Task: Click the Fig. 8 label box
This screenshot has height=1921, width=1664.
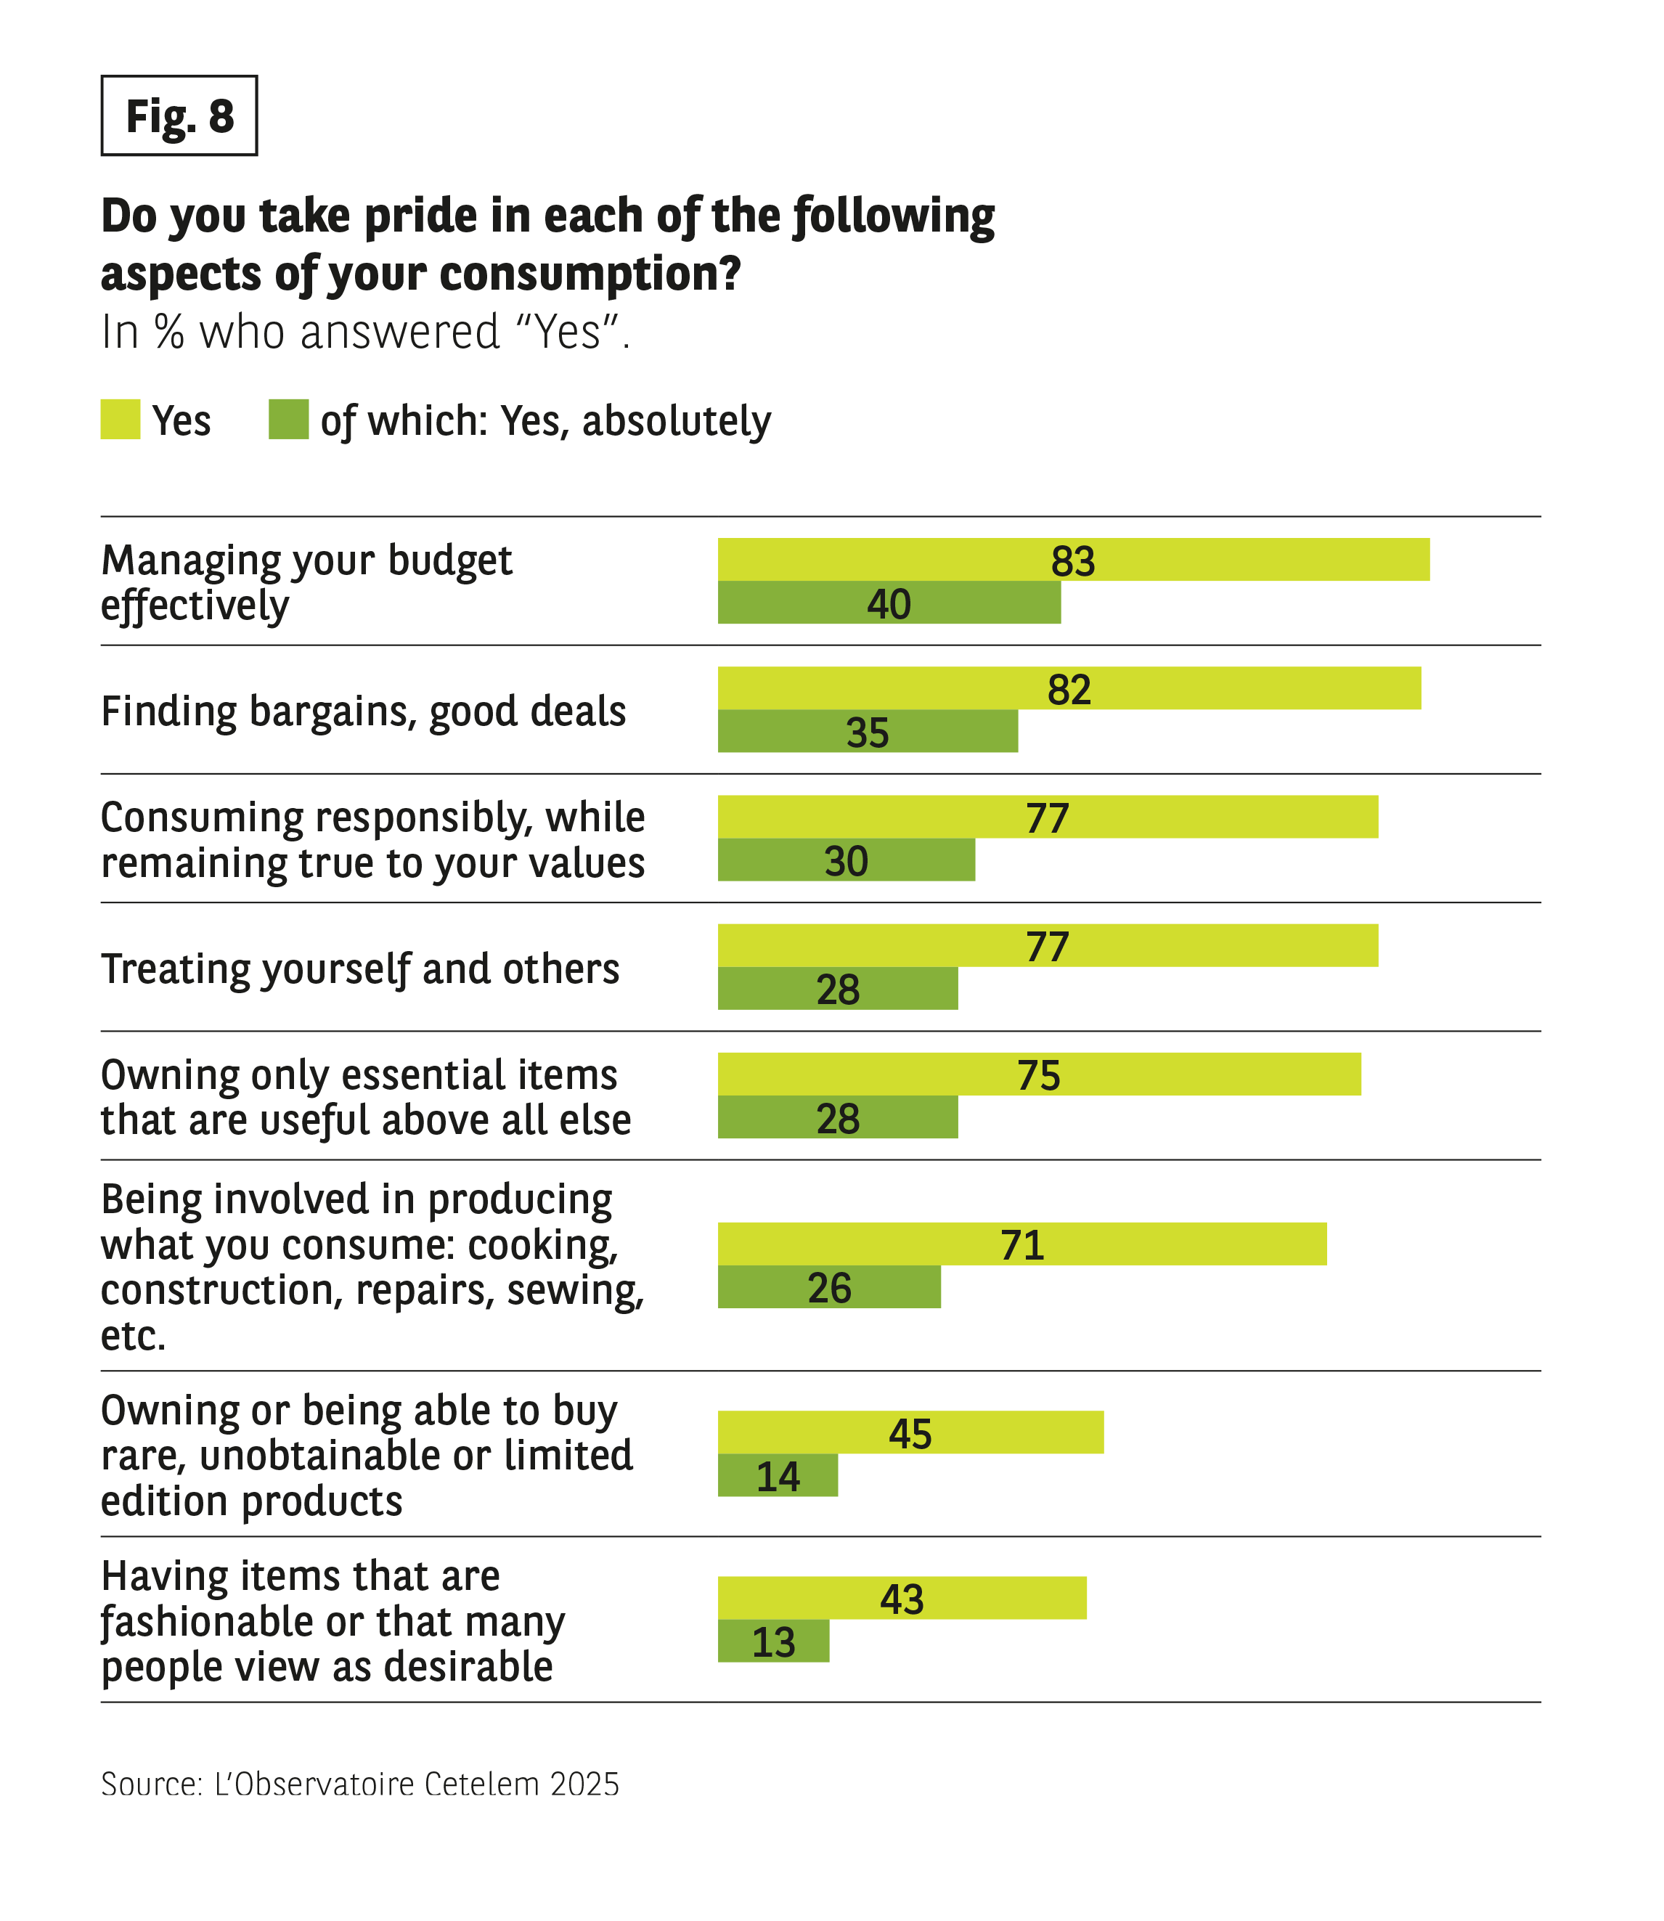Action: click(x=179, y=116)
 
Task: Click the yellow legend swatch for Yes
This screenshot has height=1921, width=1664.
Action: click(x=121, y=420)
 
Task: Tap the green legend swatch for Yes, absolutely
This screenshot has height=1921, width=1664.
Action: click(x=289, y=420)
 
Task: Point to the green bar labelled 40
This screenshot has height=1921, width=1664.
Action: click(x=889, y=603)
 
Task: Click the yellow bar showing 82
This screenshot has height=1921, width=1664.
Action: click(x=1069, y=689)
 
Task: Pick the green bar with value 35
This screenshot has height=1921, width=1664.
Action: click(x=868, y=732)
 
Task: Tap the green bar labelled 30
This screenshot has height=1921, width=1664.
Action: click(x=846, y=861)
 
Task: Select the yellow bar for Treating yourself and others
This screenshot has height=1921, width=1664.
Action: click(x=1048, y=946)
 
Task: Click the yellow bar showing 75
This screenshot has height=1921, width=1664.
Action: click(x=1038, y=1075)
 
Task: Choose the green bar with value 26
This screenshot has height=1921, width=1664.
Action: click(x=829, y=1288)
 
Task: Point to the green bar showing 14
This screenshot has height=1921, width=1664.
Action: click(x=778, y=1476)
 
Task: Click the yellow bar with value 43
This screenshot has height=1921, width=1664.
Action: click(x=902, y=1599)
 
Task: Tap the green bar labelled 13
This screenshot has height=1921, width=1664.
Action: click(x=772, y=1641)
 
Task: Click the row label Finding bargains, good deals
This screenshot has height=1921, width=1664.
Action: click(x=363, y=712)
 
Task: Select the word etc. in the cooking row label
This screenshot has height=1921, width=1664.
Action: click(x=133, y=1336)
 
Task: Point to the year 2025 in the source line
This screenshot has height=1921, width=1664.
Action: click(x=584, y=1784)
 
